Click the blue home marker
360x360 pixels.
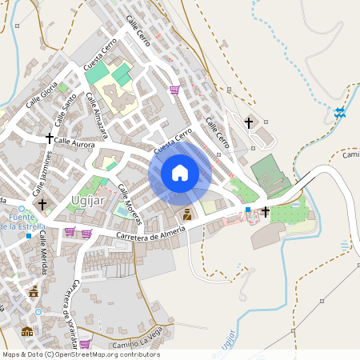pos(179,172)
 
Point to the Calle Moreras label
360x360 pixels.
pos(129,204)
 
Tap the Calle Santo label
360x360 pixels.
pos(66,109)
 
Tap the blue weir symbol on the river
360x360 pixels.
pos(340,113)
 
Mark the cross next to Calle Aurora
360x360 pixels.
pos(50,138)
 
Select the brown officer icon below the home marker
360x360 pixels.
pos(187,214)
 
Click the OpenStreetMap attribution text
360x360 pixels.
pos(80,354)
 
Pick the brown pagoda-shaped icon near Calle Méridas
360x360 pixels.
pos(34,293)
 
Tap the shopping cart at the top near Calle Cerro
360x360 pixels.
pos(174,90)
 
